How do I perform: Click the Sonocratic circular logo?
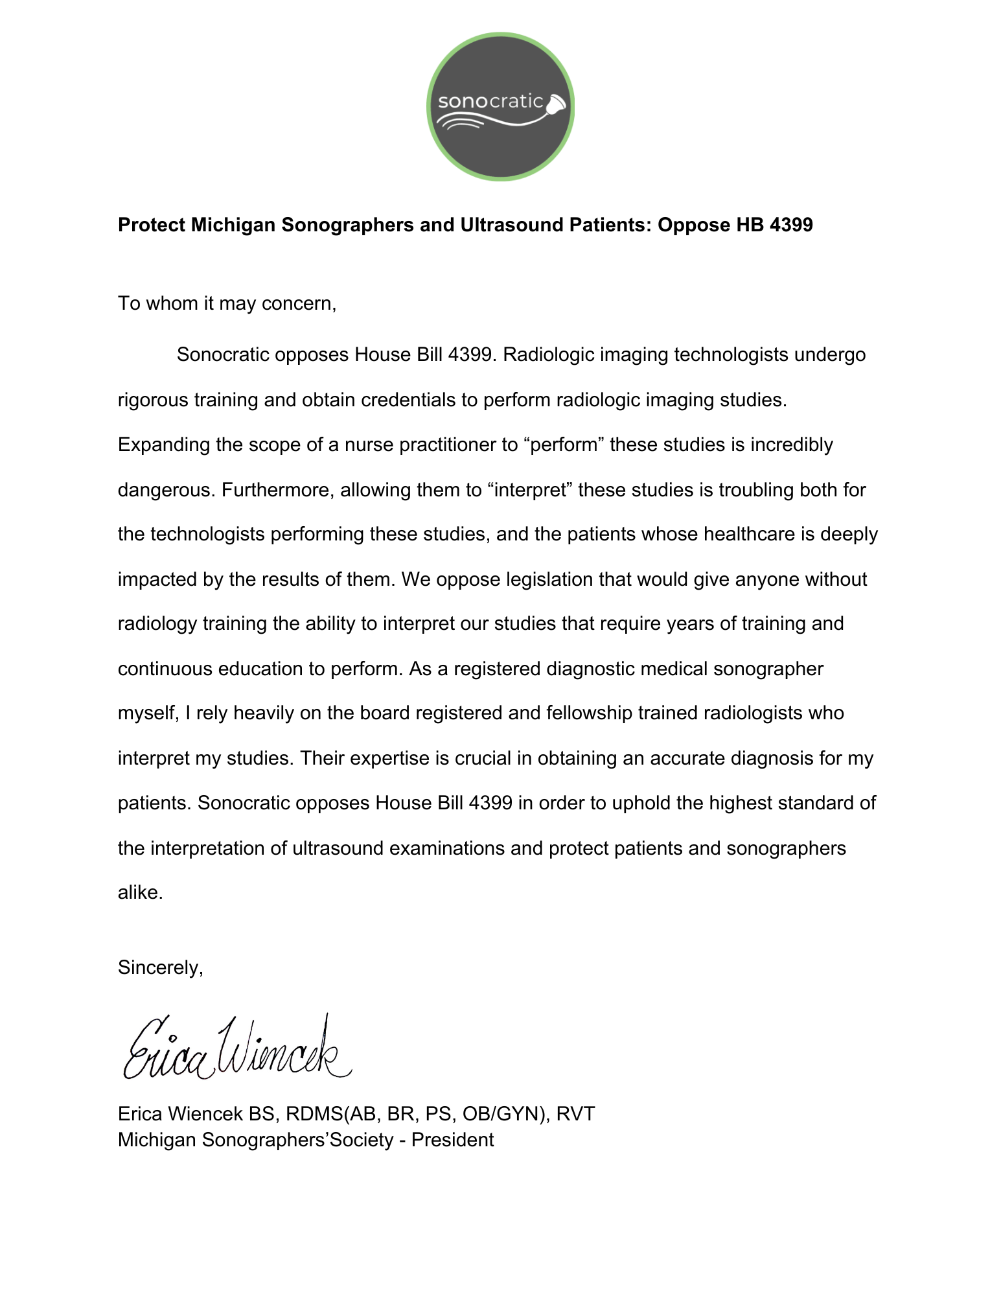[500, 106]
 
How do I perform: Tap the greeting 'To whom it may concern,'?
[227, 303]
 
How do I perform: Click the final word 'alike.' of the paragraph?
[141, 893]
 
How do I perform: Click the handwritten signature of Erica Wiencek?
[236, 1049]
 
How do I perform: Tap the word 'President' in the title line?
[452, 1140]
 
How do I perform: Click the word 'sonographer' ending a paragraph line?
[768, 669]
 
